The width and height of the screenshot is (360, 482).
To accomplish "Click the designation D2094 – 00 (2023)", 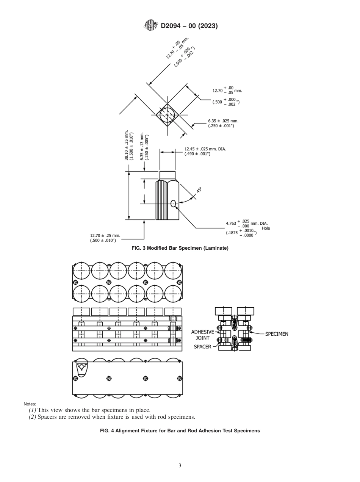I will pos(189,26).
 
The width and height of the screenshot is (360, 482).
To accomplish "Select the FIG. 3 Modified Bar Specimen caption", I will pos(180,248).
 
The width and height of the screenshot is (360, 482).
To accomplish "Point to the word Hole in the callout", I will pos(266,228).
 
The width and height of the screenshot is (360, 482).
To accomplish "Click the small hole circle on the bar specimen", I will pos(173,203).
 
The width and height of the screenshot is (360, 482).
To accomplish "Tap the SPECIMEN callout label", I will pos(276,334).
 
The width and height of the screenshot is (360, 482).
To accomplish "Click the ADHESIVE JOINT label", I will pos(202,335).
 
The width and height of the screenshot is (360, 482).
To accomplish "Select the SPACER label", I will pos(202,347).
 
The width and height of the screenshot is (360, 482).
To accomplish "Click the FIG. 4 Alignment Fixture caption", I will pos(180,431).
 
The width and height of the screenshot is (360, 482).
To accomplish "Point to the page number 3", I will pos(180,466).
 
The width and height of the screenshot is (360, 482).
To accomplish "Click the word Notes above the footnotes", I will pos(30,404).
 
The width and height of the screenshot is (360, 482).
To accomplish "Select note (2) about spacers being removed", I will pos(112,417).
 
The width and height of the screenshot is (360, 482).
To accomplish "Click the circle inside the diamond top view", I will pos(167,115).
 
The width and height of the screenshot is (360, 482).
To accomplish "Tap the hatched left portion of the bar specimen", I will pos(161,200).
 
